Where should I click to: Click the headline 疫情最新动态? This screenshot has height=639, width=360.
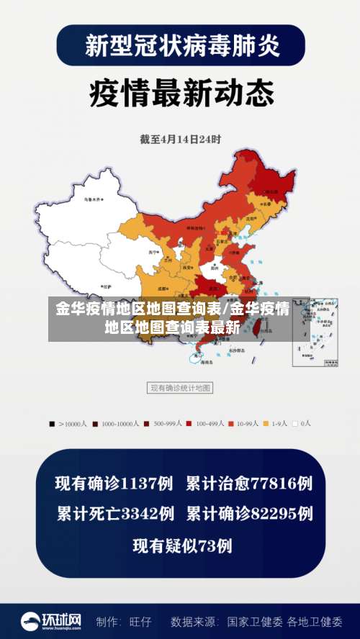pyautogui.click(x=181, y=93)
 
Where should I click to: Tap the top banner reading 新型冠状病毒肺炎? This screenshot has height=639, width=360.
pyautogui.click(x=180, y=45)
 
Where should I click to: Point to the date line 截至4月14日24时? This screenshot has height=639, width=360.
pyautogui.click(x=180, y=139)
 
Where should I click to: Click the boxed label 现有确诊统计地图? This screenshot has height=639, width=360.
pyautogui.click(x=180, y=388)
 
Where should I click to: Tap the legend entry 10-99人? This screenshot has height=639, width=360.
pyautogui.click(x=246, y=424)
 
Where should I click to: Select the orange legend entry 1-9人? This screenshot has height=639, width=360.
pyautogui.click(x=278, y=424)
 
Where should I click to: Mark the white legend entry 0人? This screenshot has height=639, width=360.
pyautogui.click(x=302, y=424)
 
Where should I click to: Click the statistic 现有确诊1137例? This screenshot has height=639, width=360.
pyautogui.click(x=114, y=483)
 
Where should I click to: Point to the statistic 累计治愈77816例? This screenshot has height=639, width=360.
pyautogui.click(x=249, y=483)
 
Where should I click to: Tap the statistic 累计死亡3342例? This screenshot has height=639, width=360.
pyautogui.click(x=115, y=514)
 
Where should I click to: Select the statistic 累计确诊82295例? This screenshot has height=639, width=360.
pyautogui.click(x=249, y=514)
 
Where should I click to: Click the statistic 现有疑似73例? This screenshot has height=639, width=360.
pyautogui.click(x=182, y=545)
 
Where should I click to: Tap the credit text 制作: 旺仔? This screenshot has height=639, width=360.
pyautogui.click(x=124, y=621)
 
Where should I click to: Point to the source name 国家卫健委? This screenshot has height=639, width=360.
pyautogui.click(x=253, y=621)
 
